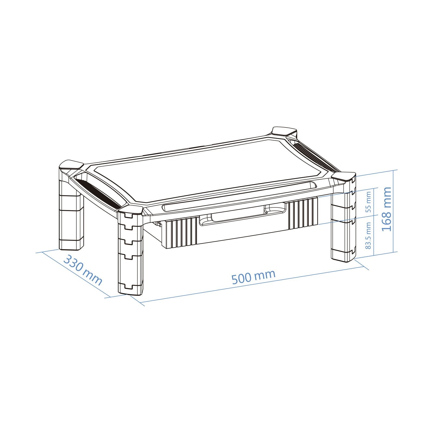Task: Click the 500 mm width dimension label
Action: point(254,277)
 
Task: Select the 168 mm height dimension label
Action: point(386,209)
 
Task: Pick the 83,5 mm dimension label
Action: point(368,236)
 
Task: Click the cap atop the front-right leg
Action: point(343,176)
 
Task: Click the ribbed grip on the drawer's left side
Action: point(180,233)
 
